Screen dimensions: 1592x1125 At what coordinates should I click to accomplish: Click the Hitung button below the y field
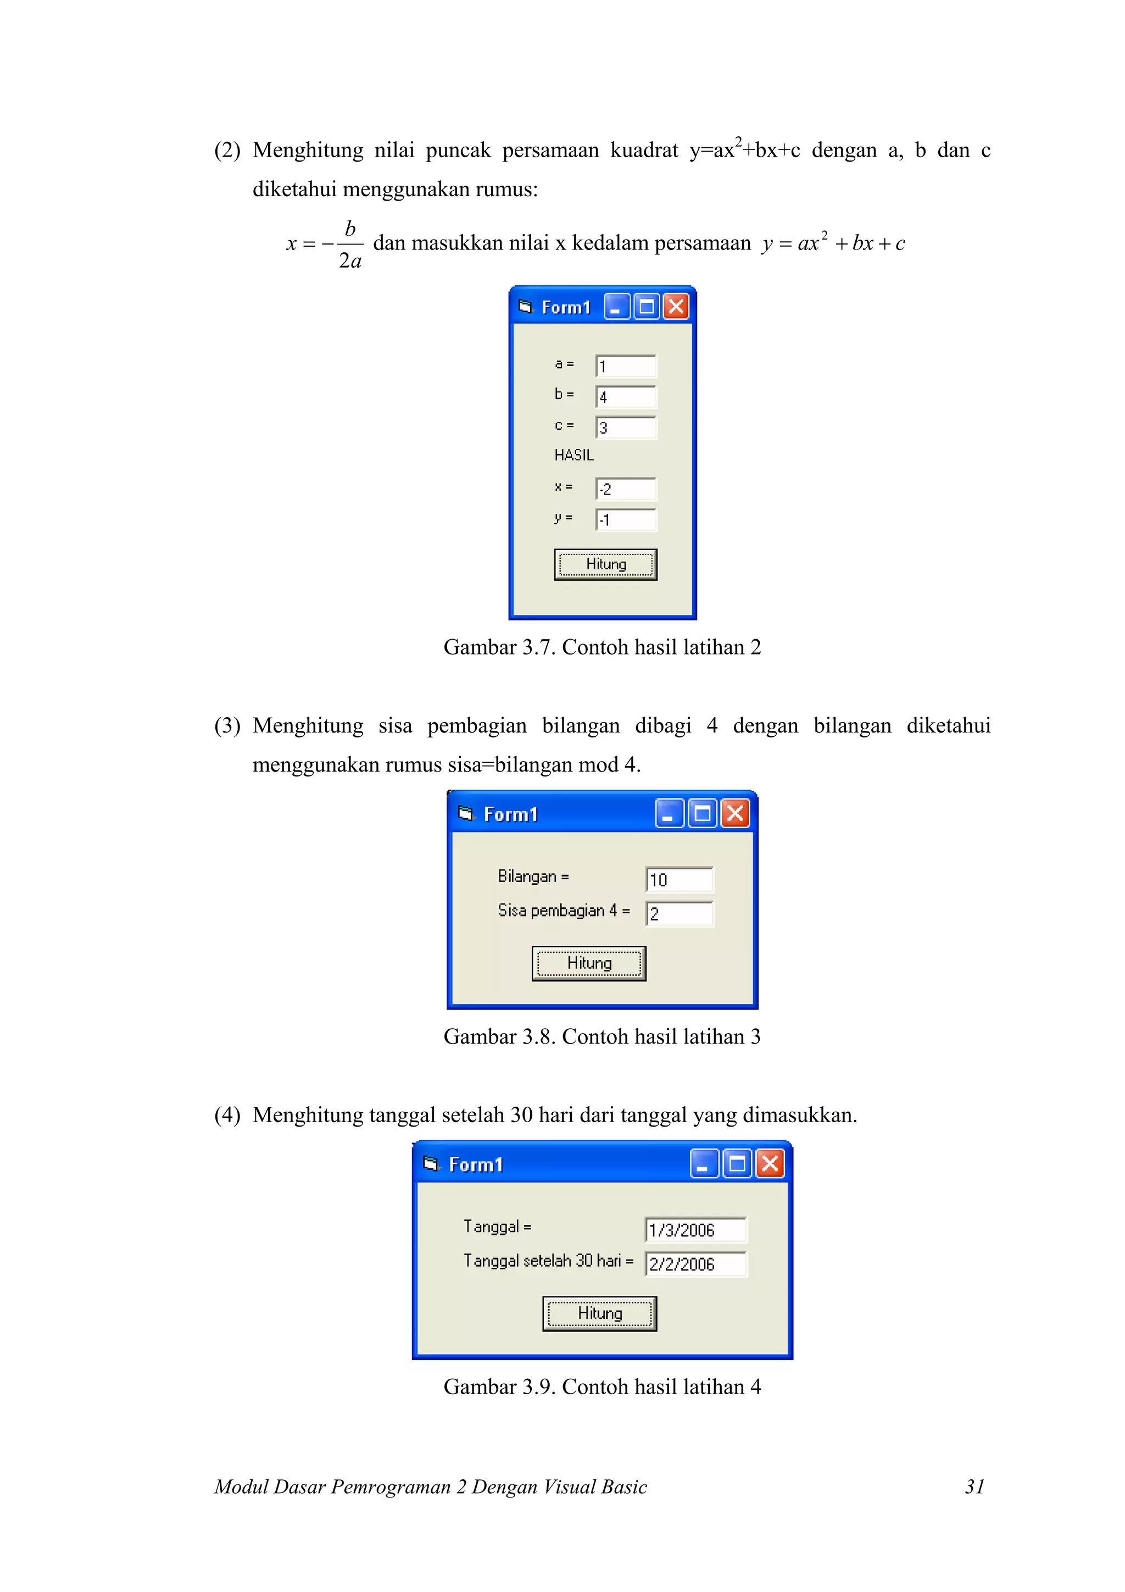click(605, 564)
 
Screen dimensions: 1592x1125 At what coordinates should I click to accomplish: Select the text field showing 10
click(678, 879)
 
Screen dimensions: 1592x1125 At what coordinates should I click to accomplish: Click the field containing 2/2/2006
click(695, 1263)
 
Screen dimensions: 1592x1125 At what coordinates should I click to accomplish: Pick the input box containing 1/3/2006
click(695, 1229)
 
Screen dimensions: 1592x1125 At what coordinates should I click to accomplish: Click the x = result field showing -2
click(625, 489)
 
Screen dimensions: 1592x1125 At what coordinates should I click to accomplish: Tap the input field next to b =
click(625, 397)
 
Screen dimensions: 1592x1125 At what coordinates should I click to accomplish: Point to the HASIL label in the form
click(573, 455)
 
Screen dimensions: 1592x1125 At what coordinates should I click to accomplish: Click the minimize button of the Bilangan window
click(669, 813)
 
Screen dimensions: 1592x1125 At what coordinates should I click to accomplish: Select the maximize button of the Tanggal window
click(737, 1163)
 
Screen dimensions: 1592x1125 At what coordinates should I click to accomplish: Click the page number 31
click(974, 1486)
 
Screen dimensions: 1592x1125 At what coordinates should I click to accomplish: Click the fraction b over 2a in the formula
click(350, 244)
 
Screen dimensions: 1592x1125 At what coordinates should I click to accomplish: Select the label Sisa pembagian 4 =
click(564, 911)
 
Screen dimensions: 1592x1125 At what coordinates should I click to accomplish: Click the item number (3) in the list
click(227, 725)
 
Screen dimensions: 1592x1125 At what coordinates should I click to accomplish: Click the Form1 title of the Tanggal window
click(476, 1164)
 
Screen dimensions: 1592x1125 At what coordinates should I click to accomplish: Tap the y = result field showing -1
click(625, 519)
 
